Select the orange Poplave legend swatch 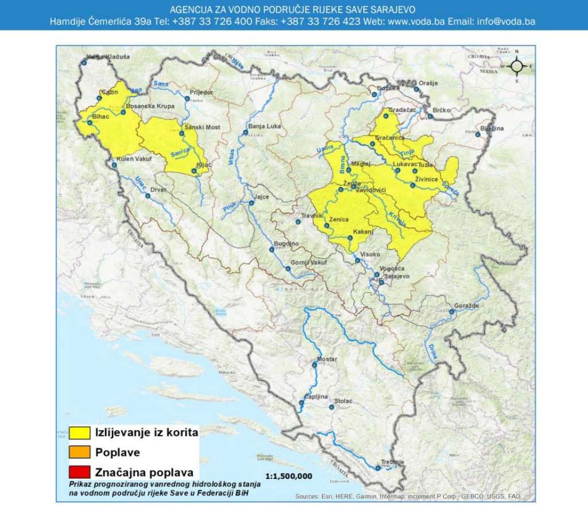(x=79, y=452)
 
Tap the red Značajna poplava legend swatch (x=79, y=472)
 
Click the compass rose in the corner (x=516, y=66)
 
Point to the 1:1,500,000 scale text (x=289, y=476)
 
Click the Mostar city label (x=325, y=359)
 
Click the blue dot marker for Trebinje (x=377, y=468)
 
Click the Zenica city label (x=340, y=220)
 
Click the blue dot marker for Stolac (x=331, y=408)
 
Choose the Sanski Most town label (x=198, y=127)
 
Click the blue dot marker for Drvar (x=148, y=196)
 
